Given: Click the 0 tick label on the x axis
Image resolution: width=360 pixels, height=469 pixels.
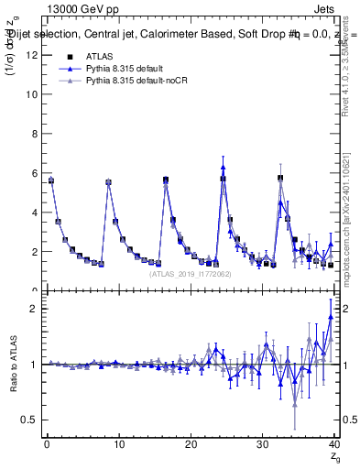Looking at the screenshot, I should (x=47, y=446).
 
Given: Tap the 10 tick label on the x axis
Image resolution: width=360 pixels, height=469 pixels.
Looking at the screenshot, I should (x=118, y=446).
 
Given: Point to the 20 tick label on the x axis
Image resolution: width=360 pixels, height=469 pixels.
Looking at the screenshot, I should (x=191, y=446).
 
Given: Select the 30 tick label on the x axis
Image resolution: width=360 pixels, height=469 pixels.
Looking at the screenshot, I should (x=263, y=446).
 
